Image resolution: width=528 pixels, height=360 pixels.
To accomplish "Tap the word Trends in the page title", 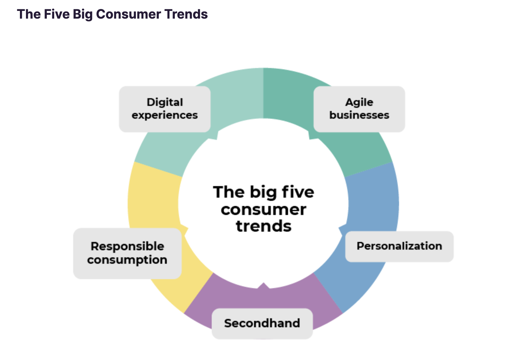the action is click(186, 14).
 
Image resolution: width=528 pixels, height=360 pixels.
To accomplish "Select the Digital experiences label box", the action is click(165, 109).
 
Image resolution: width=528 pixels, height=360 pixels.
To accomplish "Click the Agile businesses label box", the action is click(359, 109).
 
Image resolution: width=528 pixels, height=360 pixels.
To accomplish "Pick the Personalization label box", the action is click(399, 246).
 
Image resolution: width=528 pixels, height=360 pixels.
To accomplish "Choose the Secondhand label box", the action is click(262, 323).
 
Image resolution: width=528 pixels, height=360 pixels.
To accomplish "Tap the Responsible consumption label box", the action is click(127, 253).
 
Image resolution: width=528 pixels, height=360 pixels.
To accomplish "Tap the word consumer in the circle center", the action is click(264, 210).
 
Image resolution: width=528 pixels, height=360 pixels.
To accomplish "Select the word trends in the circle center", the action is click(264, 226).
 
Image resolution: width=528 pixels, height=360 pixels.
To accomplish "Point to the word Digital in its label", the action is click(165, 102).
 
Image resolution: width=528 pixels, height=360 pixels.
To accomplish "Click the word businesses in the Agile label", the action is click(359, 115).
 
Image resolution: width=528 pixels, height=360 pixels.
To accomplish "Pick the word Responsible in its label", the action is click(127, 246).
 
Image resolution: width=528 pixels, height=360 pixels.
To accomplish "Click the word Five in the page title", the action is click(57, 14).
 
